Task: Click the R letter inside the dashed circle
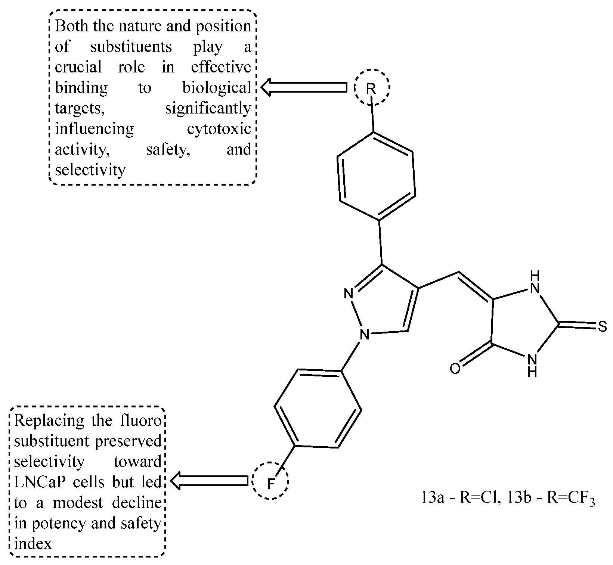[x=371, y=89]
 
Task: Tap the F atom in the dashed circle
[x=271, y=484]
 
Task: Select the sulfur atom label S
[x=602, y=327]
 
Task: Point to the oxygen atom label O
[x=455, y=369]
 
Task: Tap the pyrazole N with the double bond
[x=349, y=294]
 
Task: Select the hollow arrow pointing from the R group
[x=303, y=87]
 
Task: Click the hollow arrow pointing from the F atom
[x=209, y=480]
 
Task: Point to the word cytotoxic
[x=219, y=129]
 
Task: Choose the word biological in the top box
[x=217, y=88]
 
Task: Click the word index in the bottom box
[x=33, y=544]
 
